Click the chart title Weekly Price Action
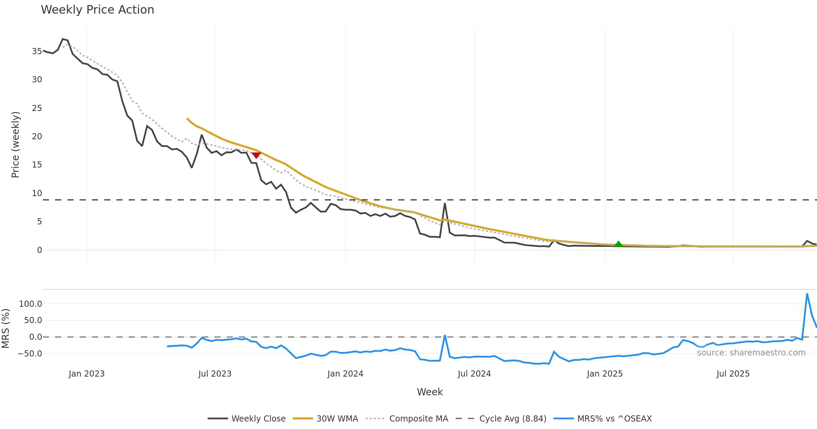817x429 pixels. (97, 10)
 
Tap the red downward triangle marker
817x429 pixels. (256, 155)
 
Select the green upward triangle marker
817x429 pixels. (618, 244)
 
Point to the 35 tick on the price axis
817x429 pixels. (37, 51)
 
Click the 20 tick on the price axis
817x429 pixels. (37, 137)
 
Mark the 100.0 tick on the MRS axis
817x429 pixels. (31, 304)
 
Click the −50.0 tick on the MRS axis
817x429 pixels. (30, 354)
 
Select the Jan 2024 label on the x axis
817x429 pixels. (345, 374)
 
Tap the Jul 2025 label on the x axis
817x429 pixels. (733, 374)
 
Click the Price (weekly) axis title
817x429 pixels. (16, 145)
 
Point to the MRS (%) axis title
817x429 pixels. (6, 329)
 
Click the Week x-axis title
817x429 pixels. (430, 392)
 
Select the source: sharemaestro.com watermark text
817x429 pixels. (751, 353)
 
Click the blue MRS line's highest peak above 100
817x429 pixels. (807, 293)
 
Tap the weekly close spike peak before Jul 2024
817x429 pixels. (445, 204)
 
